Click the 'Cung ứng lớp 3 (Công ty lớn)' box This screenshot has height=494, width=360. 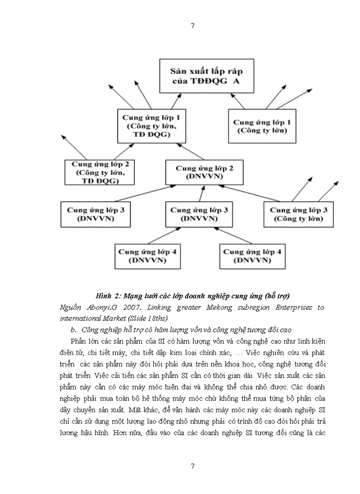coord(299,214)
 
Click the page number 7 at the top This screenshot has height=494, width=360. coord(192,26)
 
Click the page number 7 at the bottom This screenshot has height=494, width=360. coord(192,466)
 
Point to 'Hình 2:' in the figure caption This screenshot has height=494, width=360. coord(108,296)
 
